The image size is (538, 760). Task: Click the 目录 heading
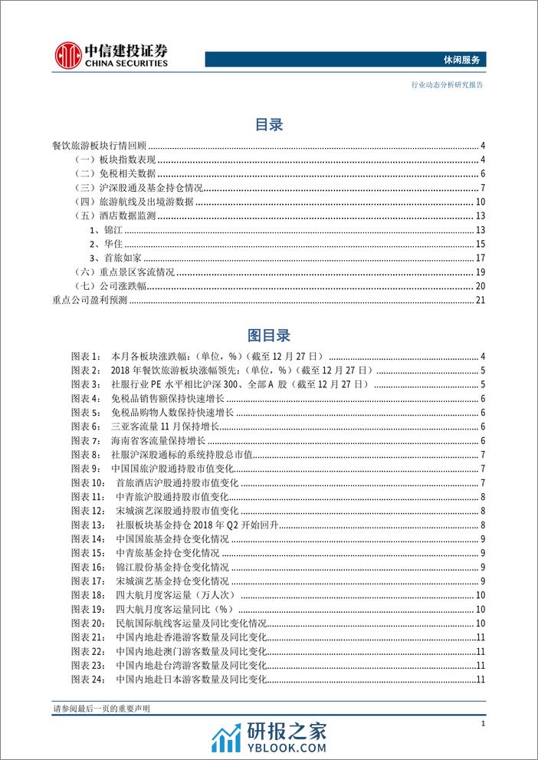tap(268, 125)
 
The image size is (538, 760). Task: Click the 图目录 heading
tap(268, 335)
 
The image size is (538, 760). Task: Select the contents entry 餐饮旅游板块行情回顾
tap(98, 146)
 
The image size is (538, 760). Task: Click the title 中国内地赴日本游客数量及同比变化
tap(191, 679)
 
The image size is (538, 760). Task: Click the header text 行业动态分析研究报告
tap(446, 85)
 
